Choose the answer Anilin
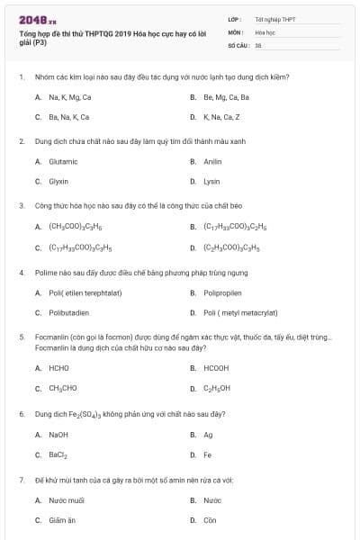(212, 161)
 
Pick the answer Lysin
(211, 181)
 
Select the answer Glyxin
(58, 181)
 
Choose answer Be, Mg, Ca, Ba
(226, 96)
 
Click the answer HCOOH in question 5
(216, 368)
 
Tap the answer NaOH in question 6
(58, 435)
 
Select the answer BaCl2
(58, 454)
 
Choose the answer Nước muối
(66, 499)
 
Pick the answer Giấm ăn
(62, 520)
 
